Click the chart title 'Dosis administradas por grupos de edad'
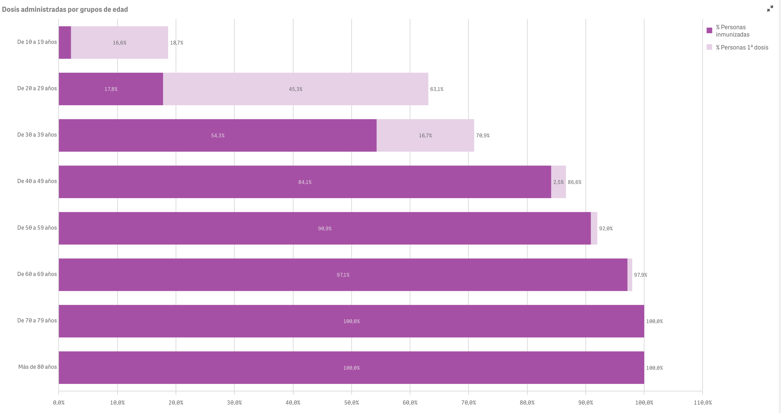(65, 9)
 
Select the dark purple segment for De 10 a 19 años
(65, 42)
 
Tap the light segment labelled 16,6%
(119, 42)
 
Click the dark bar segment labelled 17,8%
(111, 89)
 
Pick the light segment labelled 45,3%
(295, 89)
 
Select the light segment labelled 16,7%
(425, 135)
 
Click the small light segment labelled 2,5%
(558, 182)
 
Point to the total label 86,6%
(574, 182)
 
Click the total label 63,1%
(437, 89)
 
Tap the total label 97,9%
(640, 275)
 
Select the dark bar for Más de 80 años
(351, 368)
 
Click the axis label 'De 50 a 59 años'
(37, 228)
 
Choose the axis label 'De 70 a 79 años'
(37, 321)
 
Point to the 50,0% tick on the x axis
(351, 403)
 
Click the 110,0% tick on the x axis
(703, 403)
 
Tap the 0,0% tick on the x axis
(59, 403)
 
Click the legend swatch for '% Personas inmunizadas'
(709, 31)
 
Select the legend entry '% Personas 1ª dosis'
(742, 47)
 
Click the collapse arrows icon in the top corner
(770, 9)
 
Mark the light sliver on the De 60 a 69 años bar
(630, 275)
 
